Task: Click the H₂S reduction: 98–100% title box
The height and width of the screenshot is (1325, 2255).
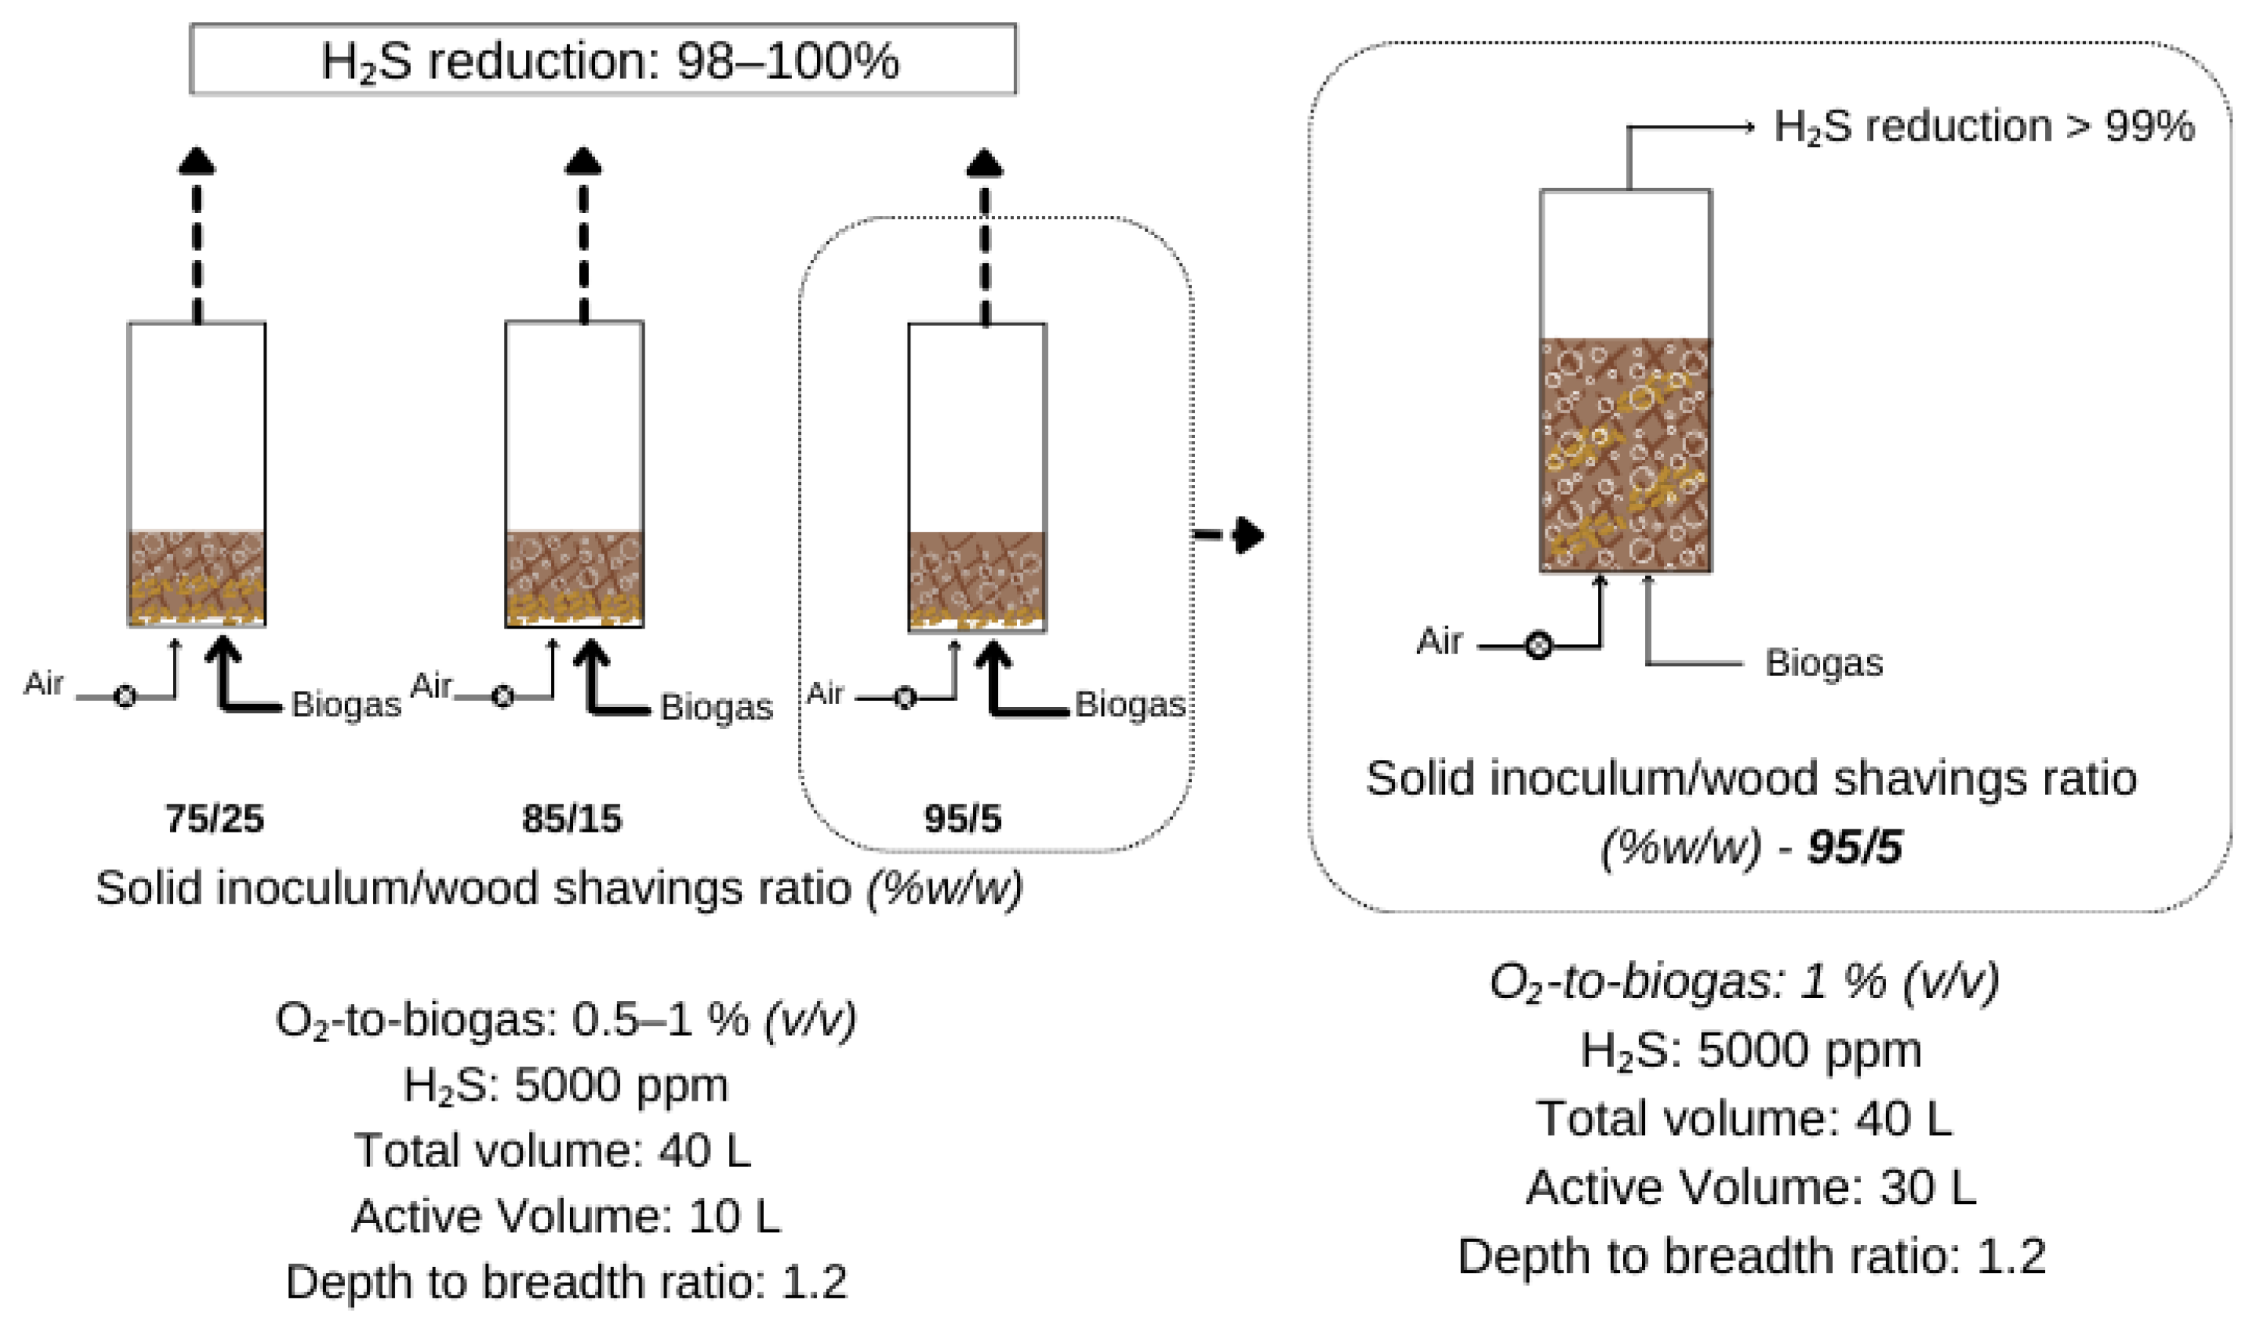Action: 602,59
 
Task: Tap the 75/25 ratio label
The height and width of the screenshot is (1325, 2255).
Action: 214,818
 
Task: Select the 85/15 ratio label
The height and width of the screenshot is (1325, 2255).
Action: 571,818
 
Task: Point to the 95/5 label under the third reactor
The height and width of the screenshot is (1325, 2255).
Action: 963,818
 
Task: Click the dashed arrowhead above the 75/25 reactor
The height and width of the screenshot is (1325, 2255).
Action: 197,161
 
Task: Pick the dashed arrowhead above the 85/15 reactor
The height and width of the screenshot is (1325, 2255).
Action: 584,161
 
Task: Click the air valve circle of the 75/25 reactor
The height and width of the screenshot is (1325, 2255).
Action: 125,696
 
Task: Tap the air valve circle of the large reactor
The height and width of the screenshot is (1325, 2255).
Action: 1539,645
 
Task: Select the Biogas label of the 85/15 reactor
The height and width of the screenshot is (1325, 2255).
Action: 716,707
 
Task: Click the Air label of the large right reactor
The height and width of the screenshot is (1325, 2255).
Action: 1439,641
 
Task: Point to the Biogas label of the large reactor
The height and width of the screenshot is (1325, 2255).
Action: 1824,663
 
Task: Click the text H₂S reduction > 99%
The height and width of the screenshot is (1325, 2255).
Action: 1983,126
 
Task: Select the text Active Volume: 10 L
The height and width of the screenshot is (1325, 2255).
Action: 565,1215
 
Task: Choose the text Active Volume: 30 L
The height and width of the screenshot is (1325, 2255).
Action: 1750,1187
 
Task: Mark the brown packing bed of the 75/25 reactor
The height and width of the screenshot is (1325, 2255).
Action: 197,577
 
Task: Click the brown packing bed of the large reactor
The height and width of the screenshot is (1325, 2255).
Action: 1625,455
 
